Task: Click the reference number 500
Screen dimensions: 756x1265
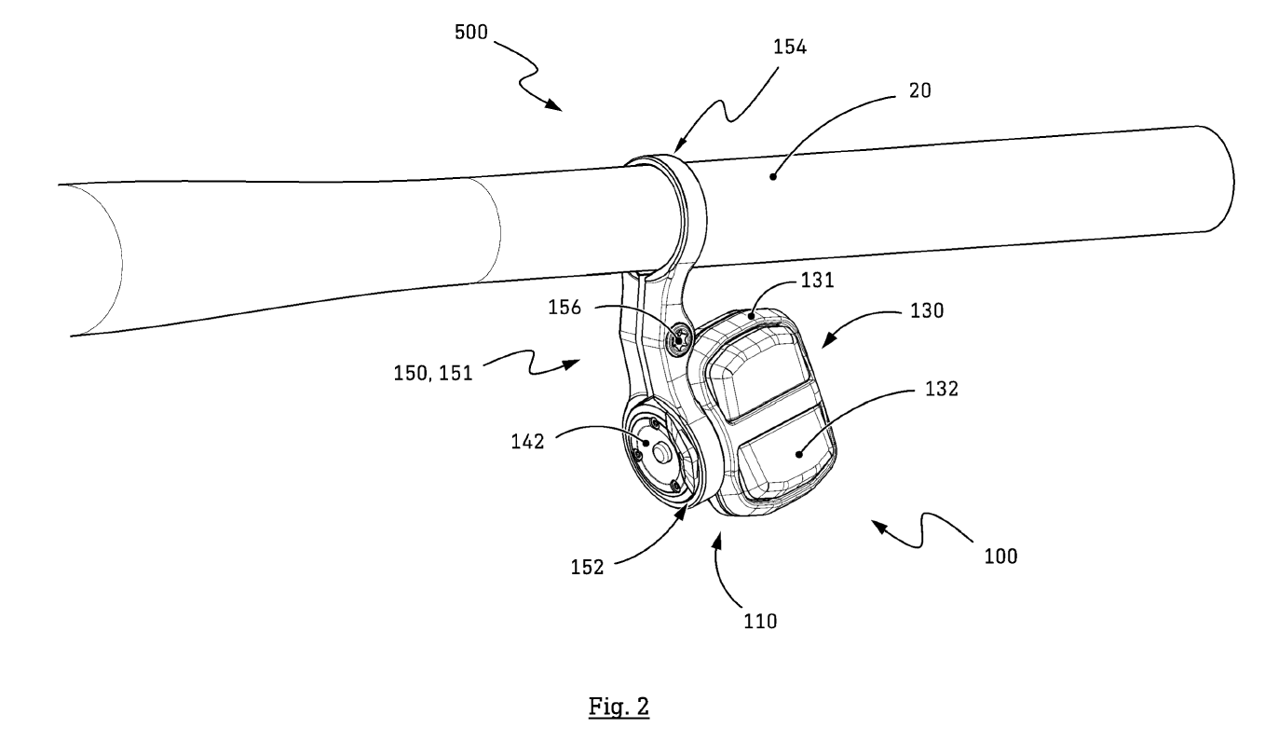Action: pyautogui.click(x=473, y=33)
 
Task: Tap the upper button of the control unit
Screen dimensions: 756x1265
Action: pyautogui.click(x=755, y=374)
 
